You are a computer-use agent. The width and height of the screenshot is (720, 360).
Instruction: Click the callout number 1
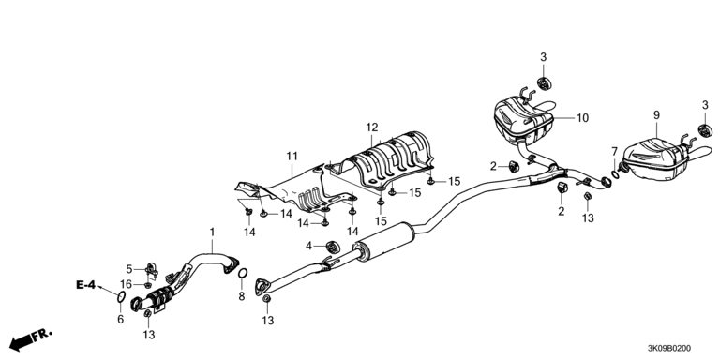coord(212,233)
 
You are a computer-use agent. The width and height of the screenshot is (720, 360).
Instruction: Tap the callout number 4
coord(309,247)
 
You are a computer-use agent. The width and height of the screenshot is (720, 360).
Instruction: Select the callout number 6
coord(121,320)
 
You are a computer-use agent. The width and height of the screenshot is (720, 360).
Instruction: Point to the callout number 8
coord(242,297)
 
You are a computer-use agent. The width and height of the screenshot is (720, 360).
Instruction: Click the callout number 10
coord(582,118)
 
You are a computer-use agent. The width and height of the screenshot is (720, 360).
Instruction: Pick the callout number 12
coord(372,127)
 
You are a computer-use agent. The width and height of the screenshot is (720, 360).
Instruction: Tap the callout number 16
coord(127,284)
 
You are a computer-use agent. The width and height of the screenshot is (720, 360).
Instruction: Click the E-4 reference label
coord(85,285)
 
